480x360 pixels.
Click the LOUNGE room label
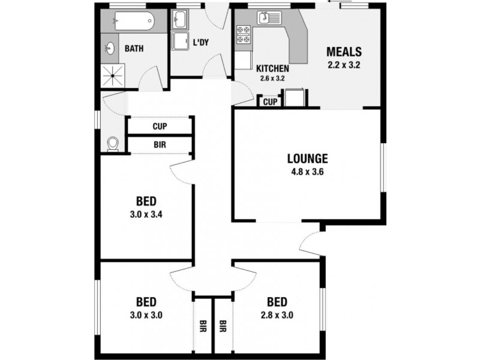point(307,159)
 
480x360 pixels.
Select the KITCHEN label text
point(272,68)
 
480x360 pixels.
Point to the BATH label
point(133,49)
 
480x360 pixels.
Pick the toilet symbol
point(112,143)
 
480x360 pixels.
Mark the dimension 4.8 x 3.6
point(307,171)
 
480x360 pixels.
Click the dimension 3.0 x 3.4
point(146,214)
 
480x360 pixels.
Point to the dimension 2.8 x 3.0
point(277,314)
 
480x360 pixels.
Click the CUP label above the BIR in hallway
point(159,127)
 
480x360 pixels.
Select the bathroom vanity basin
point(112,48)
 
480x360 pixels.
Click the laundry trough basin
point(179,22)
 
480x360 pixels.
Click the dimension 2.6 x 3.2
point(272,78)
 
